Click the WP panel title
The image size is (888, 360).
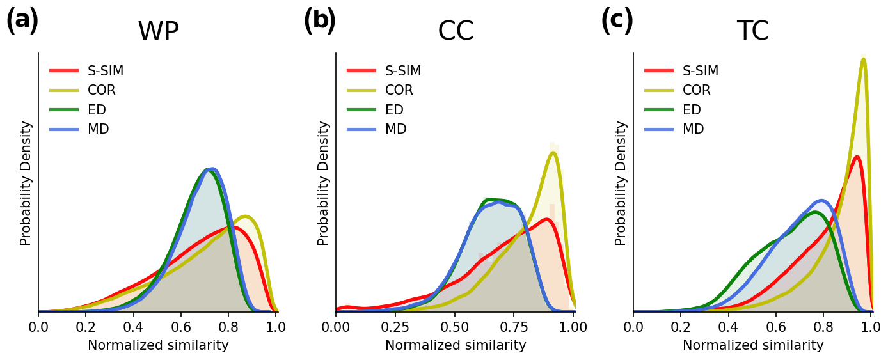158,32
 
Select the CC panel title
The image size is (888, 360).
456,32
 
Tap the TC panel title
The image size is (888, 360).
753,32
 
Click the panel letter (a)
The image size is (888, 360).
22,20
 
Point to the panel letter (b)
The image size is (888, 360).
320,20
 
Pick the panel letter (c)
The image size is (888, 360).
617,20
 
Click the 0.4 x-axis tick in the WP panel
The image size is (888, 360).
134,327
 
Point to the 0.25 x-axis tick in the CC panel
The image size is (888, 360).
395,327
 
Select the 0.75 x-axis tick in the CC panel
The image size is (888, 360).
514,327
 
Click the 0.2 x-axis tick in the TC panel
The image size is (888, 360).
681,327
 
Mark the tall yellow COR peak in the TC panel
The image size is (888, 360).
863,59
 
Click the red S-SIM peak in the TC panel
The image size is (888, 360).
857,157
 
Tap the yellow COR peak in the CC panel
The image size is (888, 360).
553,152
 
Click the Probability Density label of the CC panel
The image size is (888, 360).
324,183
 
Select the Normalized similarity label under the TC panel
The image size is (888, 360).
753,345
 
